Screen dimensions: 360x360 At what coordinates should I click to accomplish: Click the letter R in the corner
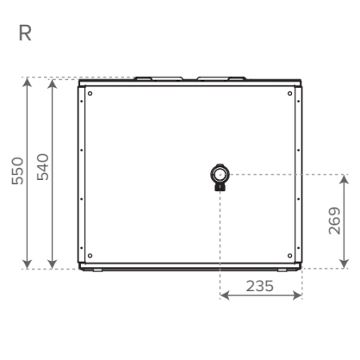point(25,33)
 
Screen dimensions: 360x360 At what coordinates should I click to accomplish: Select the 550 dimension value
point(18,171)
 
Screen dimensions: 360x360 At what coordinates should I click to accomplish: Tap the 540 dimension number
point(42,167)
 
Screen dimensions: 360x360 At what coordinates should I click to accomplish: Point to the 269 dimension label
point(334,221)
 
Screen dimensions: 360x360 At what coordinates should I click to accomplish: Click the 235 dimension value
point(260,286)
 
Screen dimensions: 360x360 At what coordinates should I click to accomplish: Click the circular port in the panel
point(220,174)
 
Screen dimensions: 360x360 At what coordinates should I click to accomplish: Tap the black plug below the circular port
point(220,187)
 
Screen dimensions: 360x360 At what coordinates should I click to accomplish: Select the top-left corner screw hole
point(90,94)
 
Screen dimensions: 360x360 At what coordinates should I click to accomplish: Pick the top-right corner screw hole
point(290,94)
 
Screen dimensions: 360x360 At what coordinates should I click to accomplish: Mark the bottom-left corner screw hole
point(90,255)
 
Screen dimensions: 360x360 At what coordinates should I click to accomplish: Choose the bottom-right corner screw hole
point(290,255)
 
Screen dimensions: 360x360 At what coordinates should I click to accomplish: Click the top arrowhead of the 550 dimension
point(27,82)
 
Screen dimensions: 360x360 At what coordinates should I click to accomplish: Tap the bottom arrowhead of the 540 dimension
point(53,264)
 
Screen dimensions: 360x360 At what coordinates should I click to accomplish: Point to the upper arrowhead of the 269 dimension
point(345,179)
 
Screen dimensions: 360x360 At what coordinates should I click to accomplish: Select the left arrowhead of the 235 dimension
point(225,295)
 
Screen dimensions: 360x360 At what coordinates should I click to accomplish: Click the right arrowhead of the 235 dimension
point(297,295)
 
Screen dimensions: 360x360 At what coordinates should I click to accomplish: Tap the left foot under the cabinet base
point(98,270)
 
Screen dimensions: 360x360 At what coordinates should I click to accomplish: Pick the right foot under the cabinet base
point(282,270)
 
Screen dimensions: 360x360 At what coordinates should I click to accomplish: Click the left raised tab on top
point(158,78)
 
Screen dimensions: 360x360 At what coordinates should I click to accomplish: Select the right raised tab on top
point(222,78)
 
